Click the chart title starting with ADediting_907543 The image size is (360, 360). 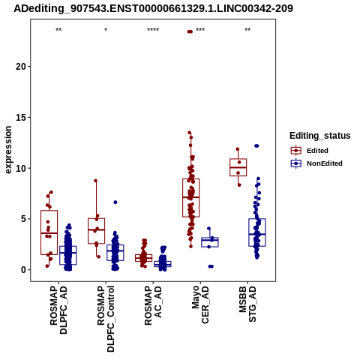click(153, 8)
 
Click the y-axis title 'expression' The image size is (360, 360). click(8, 150)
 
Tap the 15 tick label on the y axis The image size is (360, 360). click(21, 117)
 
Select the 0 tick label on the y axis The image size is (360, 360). click(24, 270)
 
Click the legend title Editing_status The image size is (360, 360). click(320, 136)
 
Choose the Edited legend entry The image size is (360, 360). click(310, 151)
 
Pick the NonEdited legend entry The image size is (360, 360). click(316, 163)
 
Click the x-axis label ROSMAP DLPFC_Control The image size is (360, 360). click(106, 319)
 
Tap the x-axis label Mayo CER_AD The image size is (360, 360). click(200, 305)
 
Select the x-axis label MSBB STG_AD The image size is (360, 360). click(247, 304)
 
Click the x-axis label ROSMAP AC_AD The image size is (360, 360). click(153, 305)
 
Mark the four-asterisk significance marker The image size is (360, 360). click(153, 30)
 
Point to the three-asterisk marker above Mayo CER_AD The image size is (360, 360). click(200, 30)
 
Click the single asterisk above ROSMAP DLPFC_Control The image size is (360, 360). click(106, 30)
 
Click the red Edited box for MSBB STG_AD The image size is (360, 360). click(238, 167)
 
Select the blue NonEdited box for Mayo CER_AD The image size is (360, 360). click(210, 242)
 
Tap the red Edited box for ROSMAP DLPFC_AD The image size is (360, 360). click(49, 232)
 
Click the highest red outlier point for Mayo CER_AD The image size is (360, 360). click(190, 31)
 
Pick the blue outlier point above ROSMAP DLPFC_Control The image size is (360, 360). click(115, 202)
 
